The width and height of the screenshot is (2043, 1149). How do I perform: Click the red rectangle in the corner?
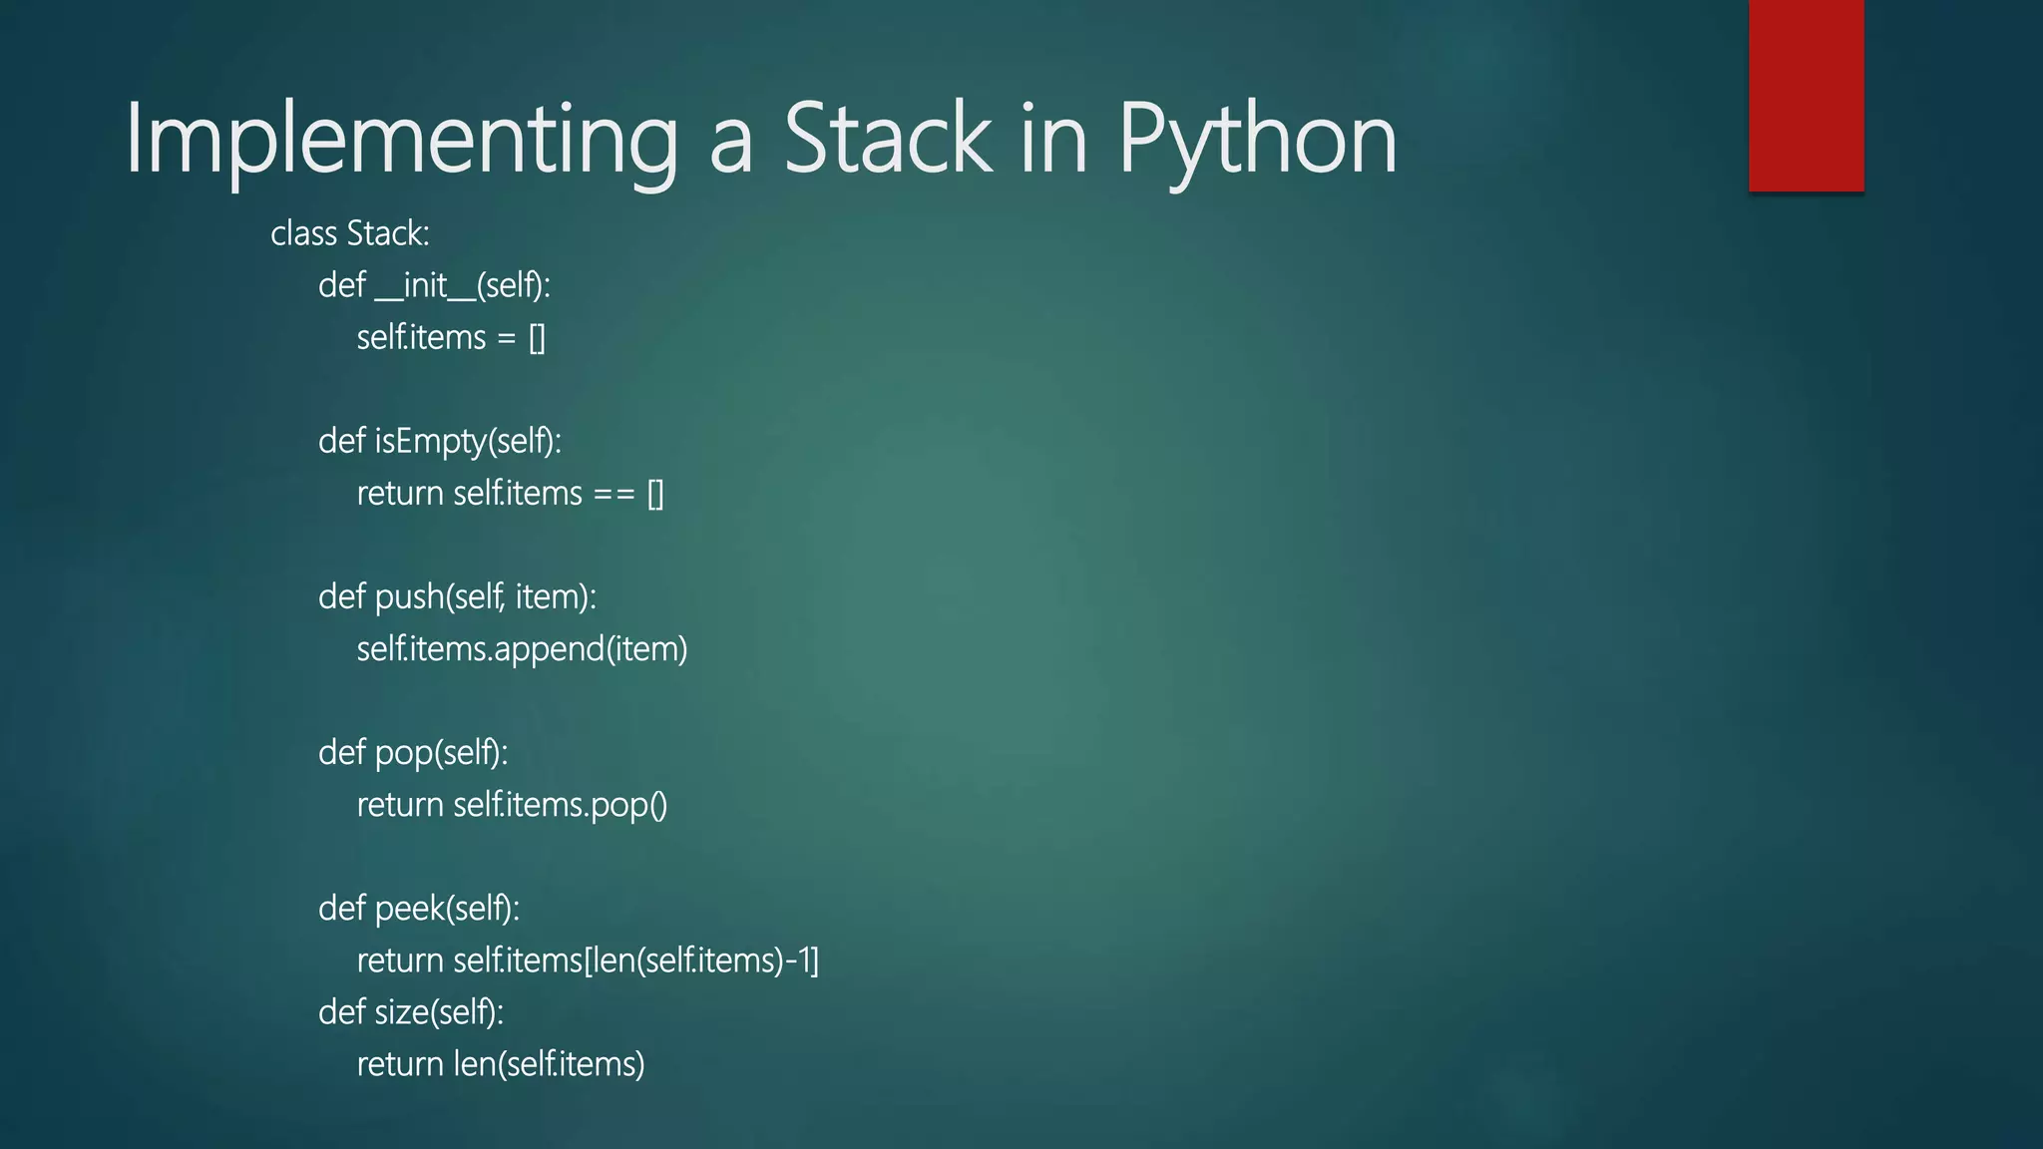point(1806,95)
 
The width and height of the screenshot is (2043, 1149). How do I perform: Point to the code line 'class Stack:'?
point(350,233)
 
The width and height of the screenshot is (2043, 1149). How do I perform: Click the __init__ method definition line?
point(434,286)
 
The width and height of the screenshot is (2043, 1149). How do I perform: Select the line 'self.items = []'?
point(451,338)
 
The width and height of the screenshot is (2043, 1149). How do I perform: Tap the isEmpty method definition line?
point(440,441)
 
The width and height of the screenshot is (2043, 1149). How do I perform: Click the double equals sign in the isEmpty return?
point(613,494)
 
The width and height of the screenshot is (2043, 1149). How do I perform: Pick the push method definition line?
point(457,596)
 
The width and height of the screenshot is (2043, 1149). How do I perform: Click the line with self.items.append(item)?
point(522,649)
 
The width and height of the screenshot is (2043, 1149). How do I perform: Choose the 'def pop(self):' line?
point(413,752)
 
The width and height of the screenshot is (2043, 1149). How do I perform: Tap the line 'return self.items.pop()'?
point(512,805)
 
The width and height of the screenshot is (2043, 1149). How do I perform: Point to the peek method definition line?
point(419,909)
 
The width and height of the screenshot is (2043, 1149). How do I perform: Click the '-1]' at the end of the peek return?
point(802,960)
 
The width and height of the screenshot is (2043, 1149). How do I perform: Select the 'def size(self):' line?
point(411,1012)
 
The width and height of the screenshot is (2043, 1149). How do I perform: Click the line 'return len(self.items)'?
point(501,1064)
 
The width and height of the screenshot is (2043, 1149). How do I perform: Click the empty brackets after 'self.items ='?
point(537,338)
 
